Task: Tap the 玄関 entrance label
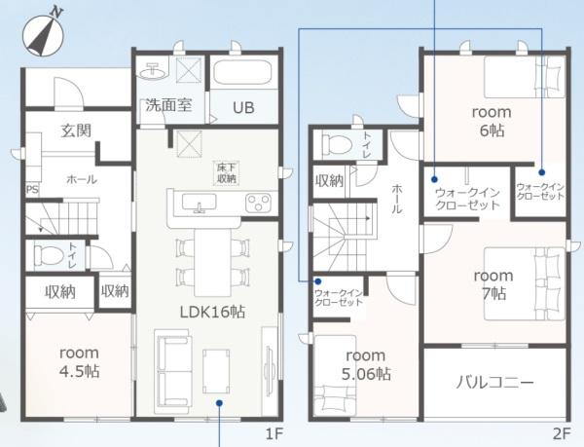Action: point(75,130)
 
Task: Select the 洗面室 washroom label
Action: point(168,106)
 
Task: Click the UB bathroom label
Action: point(242,107)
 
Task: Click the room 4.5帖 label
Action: point(79,362)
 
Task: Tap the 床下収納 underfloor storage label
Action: point(226,173)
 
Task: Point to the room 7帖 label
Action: point(493,284)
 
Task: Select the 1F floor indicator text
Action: point(273,430)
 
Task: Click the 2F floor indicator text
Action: point(561,430)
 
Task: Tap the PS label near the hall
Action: point(31,190)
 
